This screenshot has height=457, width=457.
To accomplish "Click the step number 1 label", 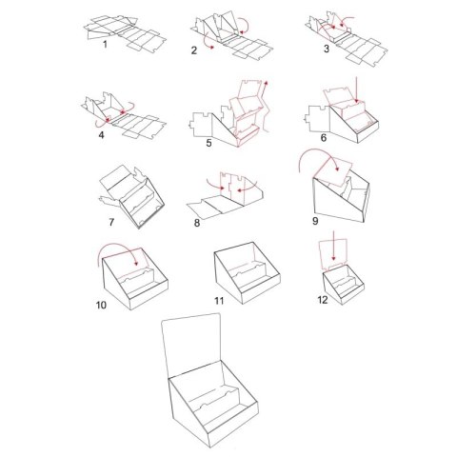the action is [x=105, y=45].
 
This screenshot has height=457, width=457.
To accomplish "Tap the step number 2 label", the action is [x=194, y=50].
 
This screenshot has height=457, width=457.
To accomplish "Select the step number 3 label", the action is [x=327, y=49].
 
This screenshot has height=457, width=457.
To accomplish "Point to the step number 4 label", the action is [x=101, y=135].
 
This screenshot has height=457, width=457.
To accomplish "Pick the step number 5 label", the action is [x=209, y=143].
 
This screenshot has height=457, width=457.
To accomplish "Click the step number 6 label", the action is [x=324, y=138].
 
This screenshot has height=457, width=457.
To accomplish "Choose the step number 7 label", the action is [x=111, y=222].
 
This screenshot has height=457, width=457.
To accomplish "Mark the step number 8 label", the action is [x=197, y=223].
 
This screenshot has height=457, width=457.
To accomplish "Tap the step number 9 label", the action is [x=315, y=221].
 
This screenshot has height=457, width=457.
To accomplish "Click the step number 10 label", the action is [x=101, y=305].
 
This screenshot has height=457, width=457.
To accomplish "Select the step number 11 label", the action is [x=219, y=300].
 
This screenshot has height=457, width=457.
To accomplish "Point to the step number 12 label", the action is [x=323, y=300].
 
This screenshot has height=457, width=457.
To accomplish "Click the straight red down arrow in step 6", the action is [x=356, y=89].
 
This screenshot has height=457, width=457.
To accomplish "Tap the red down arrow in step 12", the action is [x=333, y=247].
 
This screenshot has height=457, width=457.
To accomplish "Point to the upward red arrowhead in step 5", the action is [x=266, y=83].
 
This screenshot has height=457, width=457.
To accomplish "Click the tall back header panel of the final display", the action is [x=191, y=345].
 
